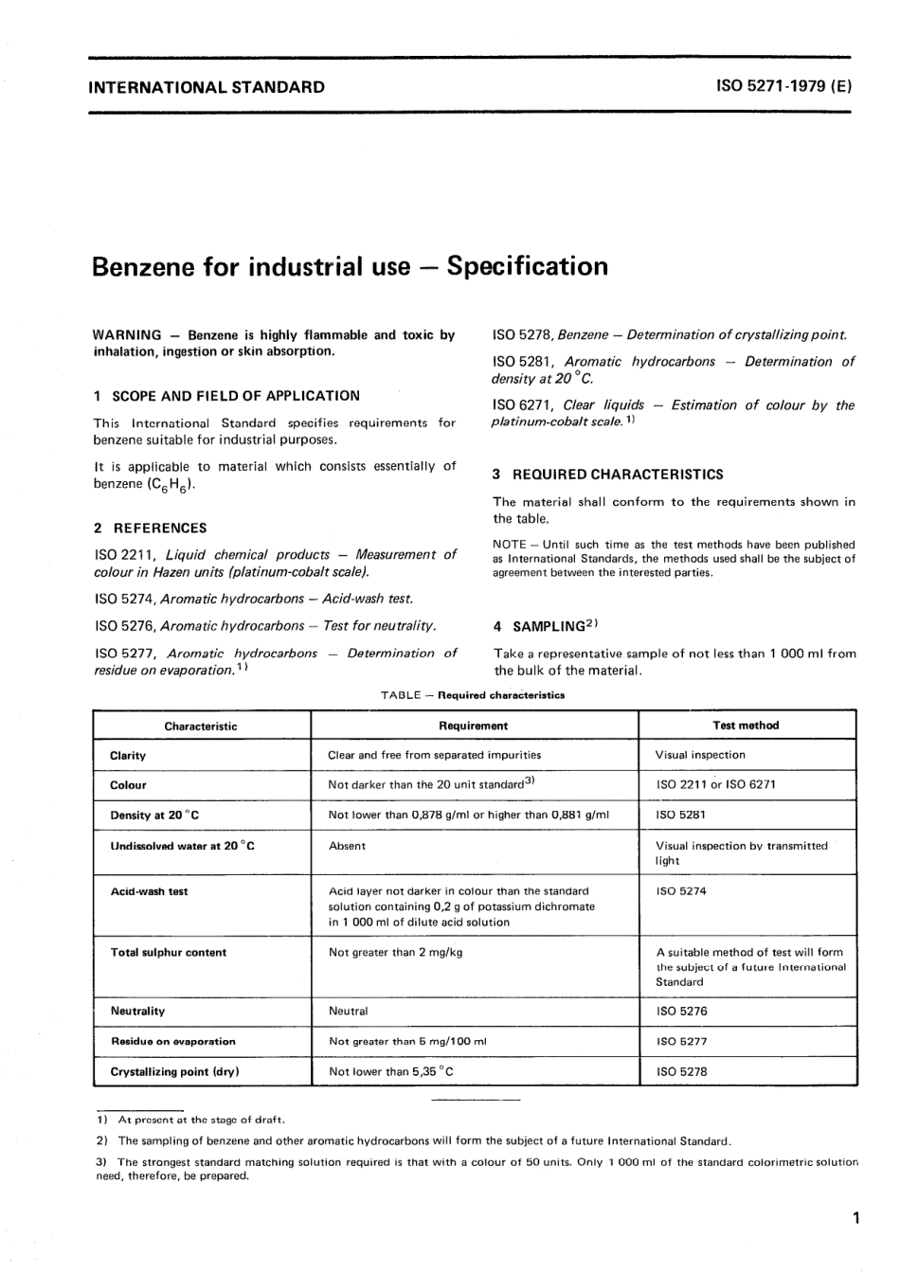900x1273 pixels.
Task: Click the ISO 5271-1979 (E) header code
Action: click(x=784, y=87)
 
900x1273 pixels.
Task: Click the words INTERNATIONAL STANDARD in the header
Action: click(x=207, y=87)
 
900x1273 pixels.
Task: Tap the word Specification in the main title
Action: click(x=528, y=266)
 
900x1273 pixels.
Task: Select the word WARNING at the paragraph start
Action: click(x=127, y=335)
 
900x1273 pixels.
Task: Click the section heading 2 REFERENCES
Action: click(x=150, y=528)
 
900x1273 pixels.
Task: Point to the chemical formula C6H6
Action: click(x=172, y=484)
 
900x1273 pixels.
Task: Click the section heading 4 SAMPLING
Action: click(x=547, y=626)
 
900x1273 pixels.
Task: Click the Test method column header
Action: click(x=745, y=726)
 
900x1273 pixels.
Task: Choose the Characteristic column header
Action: click(x=201, y=726)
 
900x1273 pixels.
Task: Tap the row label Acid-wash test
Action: click(x=150, y=891)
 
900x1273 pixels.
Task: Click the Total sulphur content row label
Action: click(x=169, y=952)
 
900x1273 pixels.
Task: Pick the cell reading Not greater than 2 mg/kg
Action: click(x=395, y=952)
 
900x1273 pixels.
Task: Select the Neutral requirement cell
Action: click(x=348, y=1011)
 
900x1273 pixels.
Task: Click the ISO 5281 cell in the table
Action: click(x=680, y=815)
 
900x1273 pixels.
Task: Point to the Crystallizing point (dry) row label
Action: click(x=174, y=1071)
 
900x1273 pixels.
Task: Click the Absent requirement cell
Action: click(x=347, y=846)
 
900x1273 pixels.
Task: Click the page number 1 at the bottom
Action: click(x=855, y=1218)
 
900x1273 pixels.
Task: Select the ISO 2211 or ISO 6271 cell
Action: click(x=715, y=784)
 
